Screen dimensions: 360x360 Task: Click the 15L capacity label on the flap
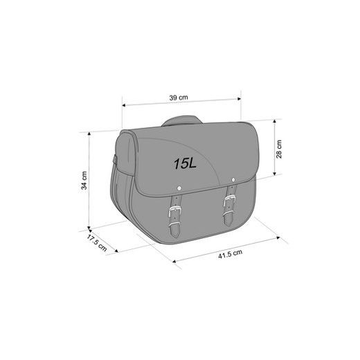pos(185,164)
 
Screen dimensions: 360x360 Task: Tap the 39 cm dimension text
pos(180,98)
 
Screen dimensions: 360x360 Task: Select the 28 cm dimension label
pos(279,149)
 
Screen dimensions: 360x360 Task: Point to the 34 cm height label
pos(83,181)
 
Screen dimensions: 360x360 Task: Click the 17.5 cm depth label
pos(96,244)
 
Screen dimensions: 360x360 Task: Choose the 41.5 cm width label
pos(228,255)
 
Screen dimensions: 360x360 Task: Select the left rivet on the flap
pos(179,187)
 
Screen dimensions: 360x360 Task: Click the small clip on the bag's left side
pos(115,163)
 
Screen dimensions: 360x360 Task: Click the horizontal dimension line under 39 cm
pos(181,105)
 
